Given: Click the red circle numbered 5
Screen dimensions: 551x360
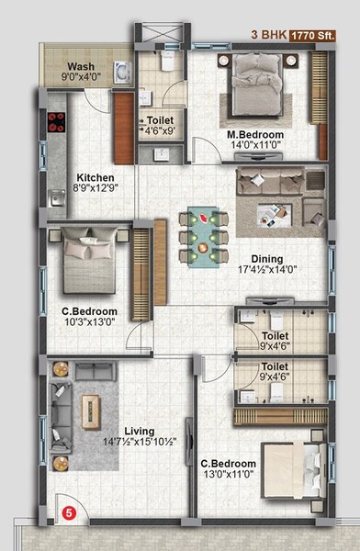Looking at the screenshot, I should click(66, 515).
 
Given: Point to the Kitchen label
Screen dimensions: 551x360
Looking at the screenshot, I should click(95, 178).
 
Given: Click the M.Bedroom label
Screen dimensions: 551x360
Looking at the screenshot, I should click(255, 134).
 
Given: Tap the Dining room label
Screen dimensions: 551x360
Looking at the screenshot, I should click(268, 259).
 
